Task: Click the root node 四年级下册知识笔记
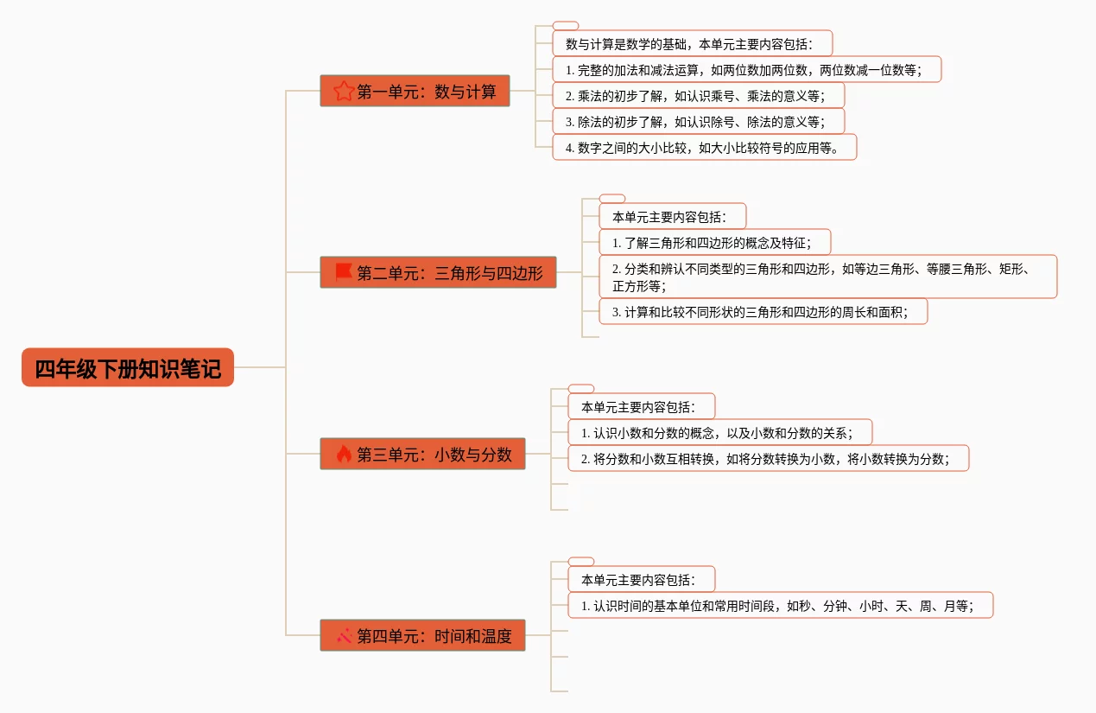pyautogui.click(x=128, y=368)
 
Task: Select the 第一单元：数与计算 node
pyautogui.click(x=415, y=91)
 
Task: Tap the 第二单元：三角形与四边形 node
pyautogui.click(x=438, y=272)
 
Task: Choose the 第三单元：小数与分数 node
pyautogui.click(x=422, y=454)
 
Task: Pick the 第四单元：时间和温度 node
pyautogui.click(x=422, y=635)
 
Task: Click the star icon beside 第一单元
pyautogui.click(x=344, y=91)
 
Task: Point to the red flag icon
pyautogui.click(x=344, y=272)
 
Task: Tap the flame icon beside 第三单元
pyautogui.click(x=344, y=454)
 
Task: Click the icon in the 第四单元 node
pyautogui.click(x=344, y=635)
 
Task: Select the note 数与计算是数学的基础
pyautogui.click(x=693, y=43)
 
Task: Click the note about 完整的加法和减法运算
pyautogui.click(x=746, y=69)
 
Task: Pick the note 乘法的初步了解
pyautogui.click(x=698, y=95)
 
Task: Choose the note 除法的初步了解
pyautogui.click(x=698, y=121)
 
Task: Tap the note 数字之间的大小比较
pyautogui.click(x=704, y=147)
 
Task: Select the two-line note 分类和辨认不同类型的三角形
pyautogui.click(x=827, y=277)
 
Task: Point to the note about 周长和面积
pyautogui.click(x=763, y=311)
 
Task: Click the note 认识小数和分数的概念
pyautogui.click(x=720, y=432)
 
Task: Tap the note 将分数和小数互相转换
pyautogui.click(x=769, y=458)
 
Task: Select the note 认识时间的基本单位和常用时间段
pyautogui.click(x=781, y=605)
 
